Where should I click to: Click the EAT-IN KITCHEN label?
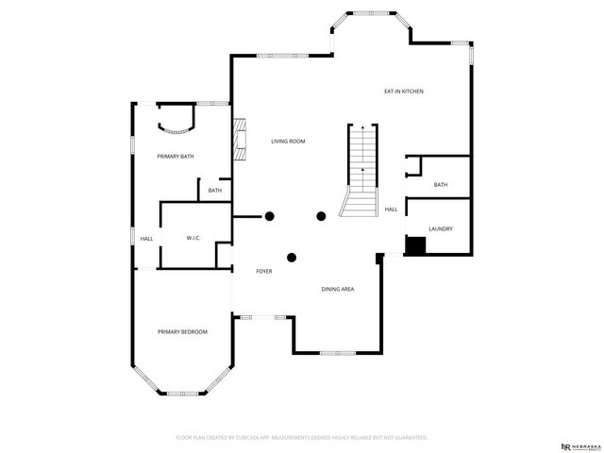coord(403,92)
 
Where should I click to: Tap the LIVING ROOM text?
coord(288,142)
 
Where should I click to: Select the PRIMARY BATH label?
coord(176,156)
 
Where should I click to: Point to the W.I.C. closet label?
coord(194,238)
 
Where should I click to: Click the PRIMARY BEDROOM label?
coord(182,331)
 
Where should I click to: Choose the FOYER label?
coord(264,272)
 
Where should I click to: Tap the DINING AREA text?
coord(338,289)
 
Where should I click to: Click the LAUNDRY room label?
coord(441,229)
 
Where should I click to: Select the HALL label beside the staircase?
coord(391,210)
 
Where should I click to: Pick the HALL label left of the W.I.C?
coord(146,239)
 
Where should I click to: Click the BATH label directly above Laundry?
coord(441,185)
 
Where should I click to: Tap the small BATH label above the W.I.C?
coord(215,191)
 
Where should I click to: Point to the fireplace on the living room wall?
coord(240,139)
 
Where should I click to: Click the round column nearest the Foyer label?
coord(292,257)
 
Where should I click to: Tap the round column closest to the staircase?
coord(321,216)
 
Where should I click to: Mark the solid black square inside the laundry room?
coord(415,245)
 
